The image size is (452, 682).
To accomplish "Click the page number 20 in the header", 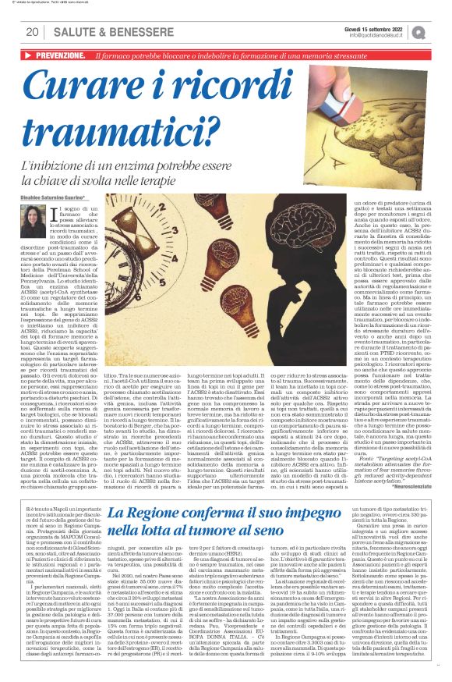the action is tap(32, 32).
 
